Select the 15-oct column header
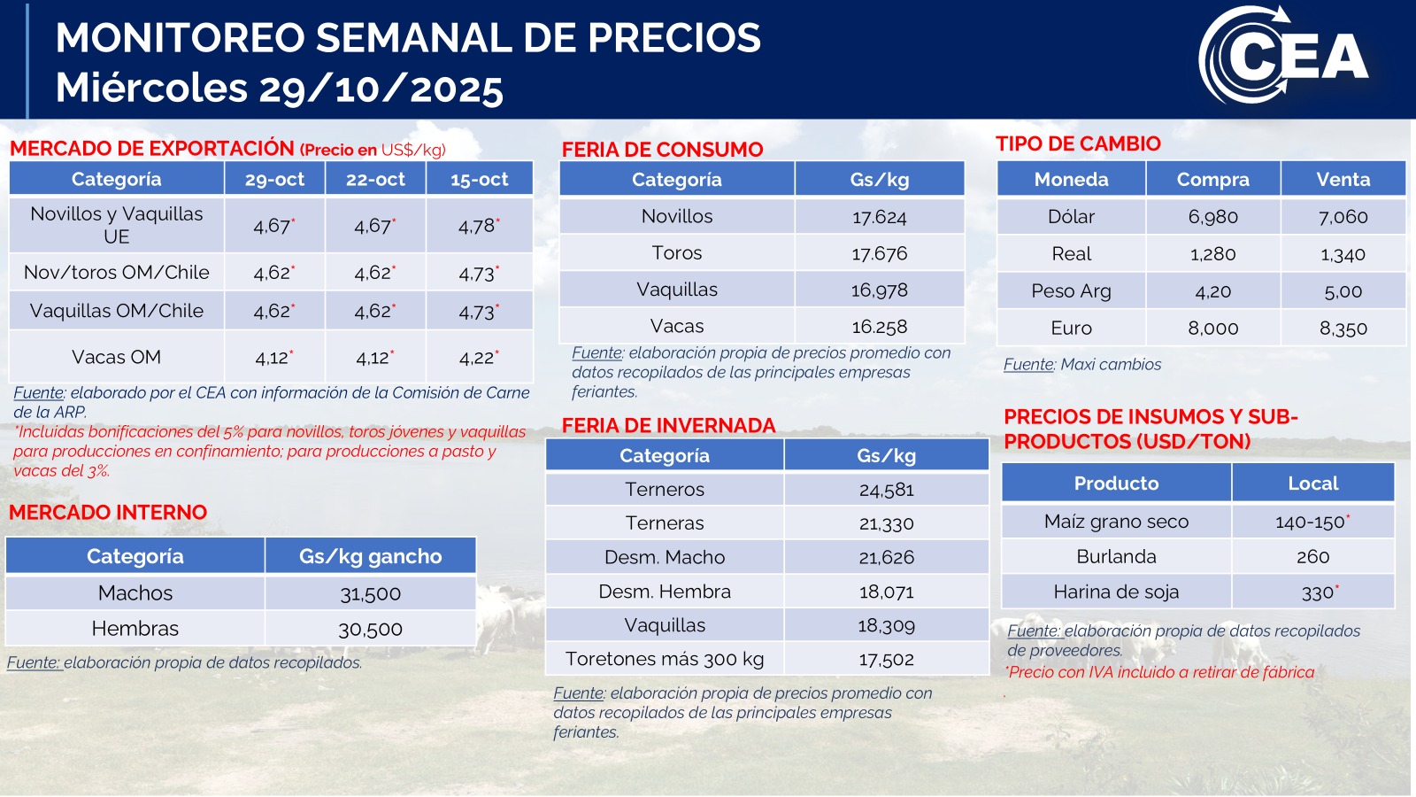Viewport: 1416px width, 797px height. (479, 179)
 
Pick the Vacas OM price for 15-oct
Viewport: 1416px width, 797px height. (478, 358)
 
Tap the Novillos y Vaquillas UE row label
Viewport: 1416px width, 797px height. (116, 225)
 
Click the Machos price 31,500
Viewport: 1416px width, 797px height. (370, 593)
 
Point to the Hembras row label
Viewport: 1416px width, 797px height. (135, 629)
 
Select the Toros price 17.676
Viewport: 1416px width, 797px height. (879, 253)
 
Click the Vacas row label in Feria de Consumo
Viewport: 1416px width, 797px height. (676, 326)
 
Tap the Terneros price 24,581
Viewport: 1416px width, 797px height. (886, 490)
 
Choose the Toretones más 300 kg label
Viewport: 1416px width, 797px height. (664, 659)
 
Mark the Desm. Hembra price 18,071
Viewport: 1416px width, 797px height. (886, 592)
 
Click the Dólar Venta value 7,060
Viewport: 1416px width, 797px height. (1343, 217)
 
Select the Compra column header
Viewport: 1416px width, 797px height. (1212, 179)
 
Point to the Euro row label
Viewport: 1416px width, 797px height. (1071, 328)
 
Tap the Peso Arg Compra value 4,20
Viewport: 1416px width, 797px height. (1212, 291)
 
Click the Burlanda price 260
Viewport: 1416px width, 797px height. (1312, 557)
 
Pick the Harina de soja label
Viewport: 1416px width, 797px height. (1115, 592)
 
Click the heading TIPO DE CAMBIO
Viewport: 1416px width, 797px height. (1077, 143)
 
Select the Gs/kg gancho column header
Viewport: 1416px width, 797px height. (370, 556)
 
